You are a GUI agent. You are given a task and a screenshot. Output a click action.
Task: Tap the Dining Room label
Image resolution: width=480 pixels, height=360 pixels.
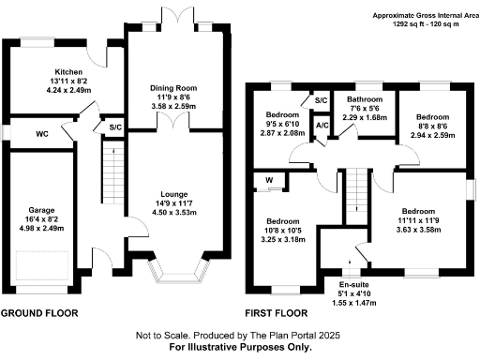(174, 88)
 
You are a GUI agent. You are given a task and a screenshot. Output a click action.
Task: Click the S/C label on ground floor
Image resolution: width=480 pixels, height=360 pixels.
(115, 127)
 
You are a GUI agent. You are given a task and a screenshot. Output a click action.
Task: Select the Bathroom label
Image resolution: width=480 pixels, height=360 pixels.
(361, 98)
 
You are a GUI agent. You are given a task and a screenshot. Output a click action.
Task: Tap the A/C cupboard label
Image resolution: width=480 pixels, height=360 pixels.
(322, 125)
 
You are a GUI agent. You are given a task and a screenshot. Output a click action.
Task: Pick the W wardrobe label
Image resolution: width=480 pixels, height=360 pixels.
(269, 180)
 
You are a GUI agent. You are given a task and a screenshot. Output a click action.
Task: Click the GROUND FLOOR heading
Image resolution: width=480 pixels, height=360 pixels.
(39, 312)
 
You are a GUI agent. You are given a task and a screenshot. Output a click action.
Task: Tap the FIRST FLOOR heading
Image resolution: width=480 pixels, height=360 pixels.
(277, 312)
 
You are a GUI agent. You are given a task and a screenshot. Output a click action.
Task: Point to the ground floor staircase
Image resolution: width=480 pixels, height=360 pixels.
(112, 174)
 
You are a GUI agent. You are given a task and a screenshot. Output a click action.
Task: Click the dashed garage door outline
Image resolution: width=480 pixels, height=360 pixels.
(39, 268)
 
